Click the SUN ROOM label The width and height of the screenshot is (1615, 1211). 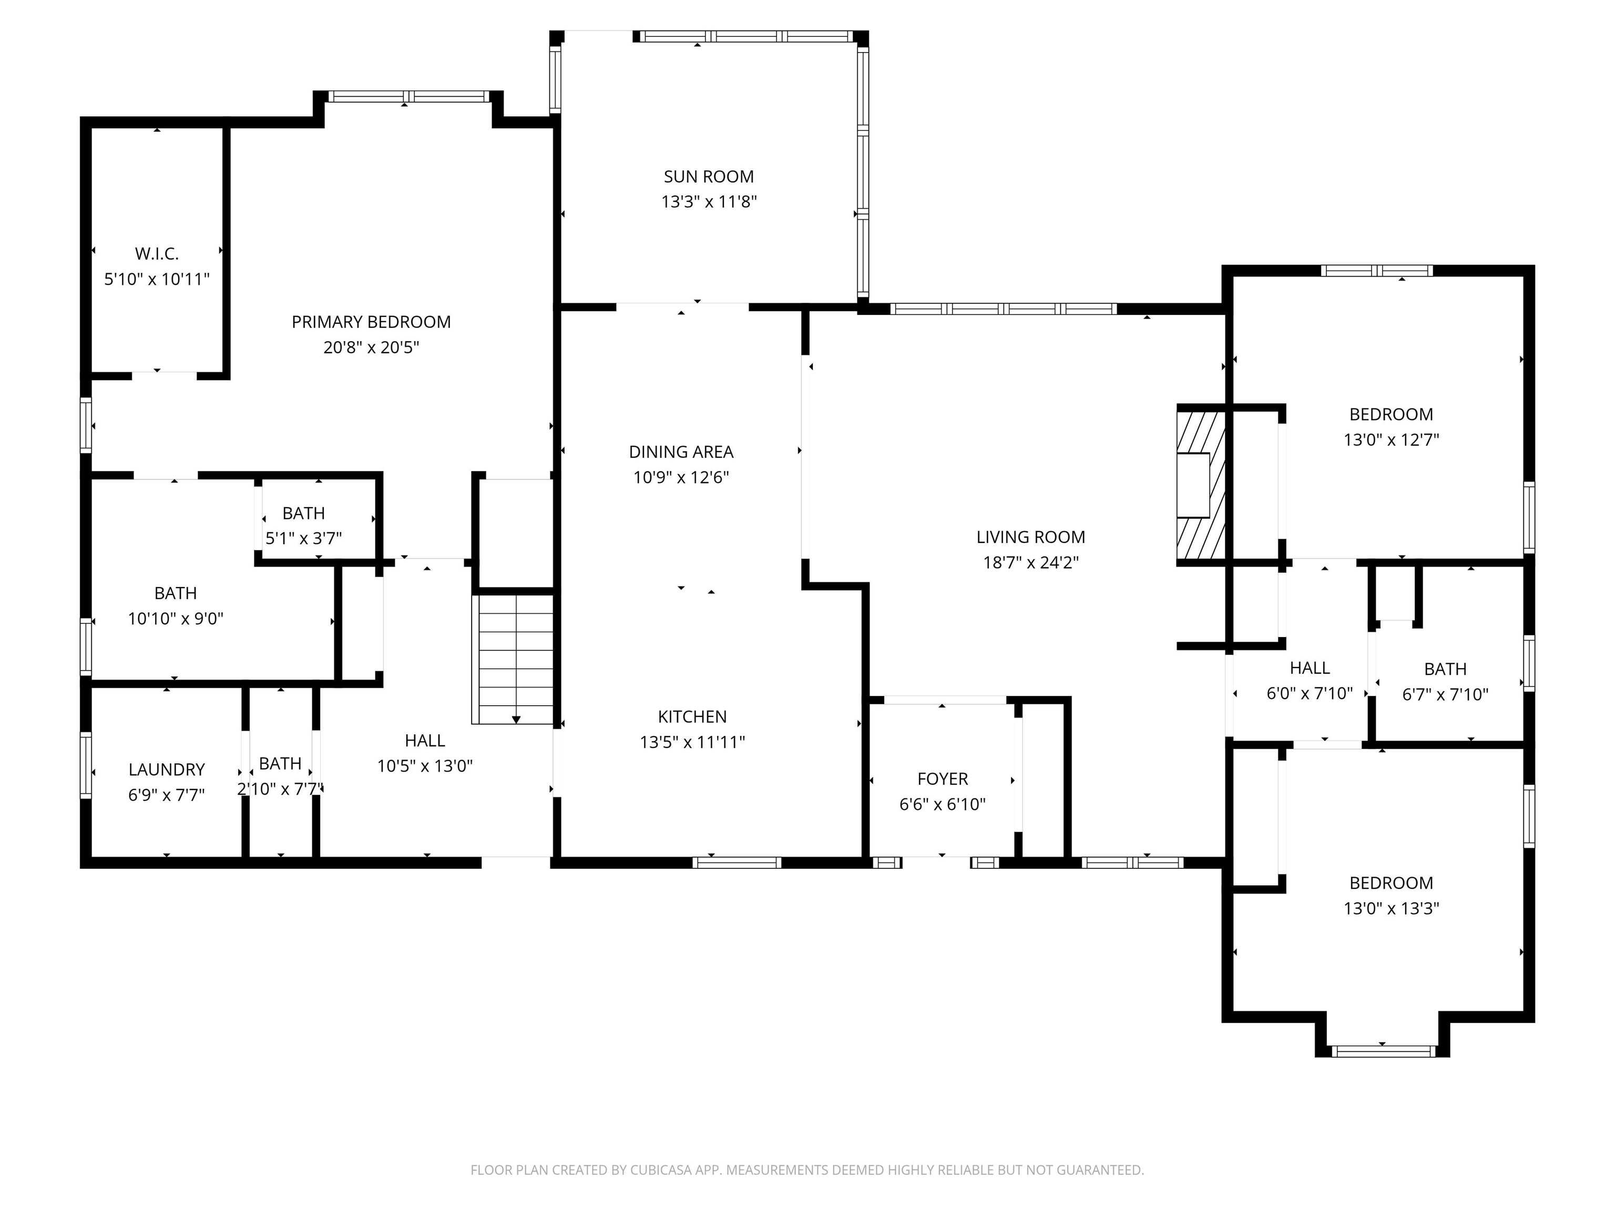[x=708, y=177]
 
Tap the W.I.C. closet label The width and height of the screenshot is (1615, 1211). [x=157, y=254]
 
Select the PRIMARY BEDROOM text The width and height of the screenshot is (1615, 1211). [x=371, y=322]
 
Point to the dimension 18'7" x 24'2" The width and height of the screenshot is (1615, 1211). [x=1030, y=562]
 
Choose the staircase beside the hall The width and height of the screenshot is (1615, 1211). [x=515, y=659]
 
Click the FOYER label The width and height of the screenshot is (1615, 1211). [x=943, y=779]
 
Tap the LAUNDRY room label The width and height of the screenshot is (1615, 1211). [x=167, y=769]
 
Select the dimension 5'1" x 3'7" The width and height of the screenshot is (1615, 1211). [x=304, y=539]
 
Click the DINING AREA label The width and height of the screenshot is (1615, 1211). [x=681, y=452]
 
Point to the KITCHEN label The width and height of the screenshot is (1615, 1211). [x=692, y=717]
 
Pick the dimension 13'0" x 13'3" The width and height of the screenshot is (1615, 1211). [x=1391, y=908]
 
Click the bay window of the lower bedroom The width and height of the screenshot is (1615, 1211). [x=1383, y=1051]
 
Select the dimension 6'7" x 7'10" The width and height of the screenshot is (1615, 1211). [x=1445, y=694]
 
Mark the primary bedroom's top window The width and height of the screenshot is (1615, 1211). [x=408, y=96]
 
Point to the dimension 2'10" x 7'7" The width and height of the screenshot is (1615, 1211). [x=280, y=789]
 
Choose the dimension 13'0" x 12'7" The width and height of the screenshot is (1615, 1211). [x=1391, y=439]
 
